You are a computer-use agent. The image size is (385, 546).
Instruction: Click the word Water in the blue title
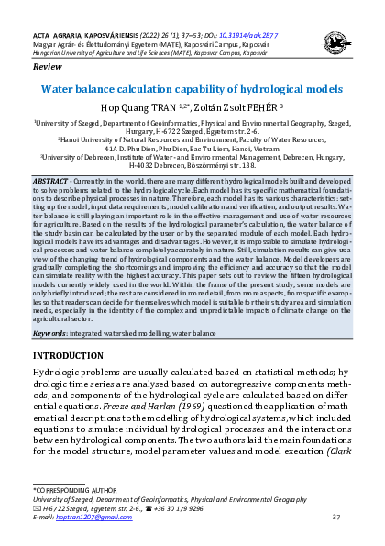61,90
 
